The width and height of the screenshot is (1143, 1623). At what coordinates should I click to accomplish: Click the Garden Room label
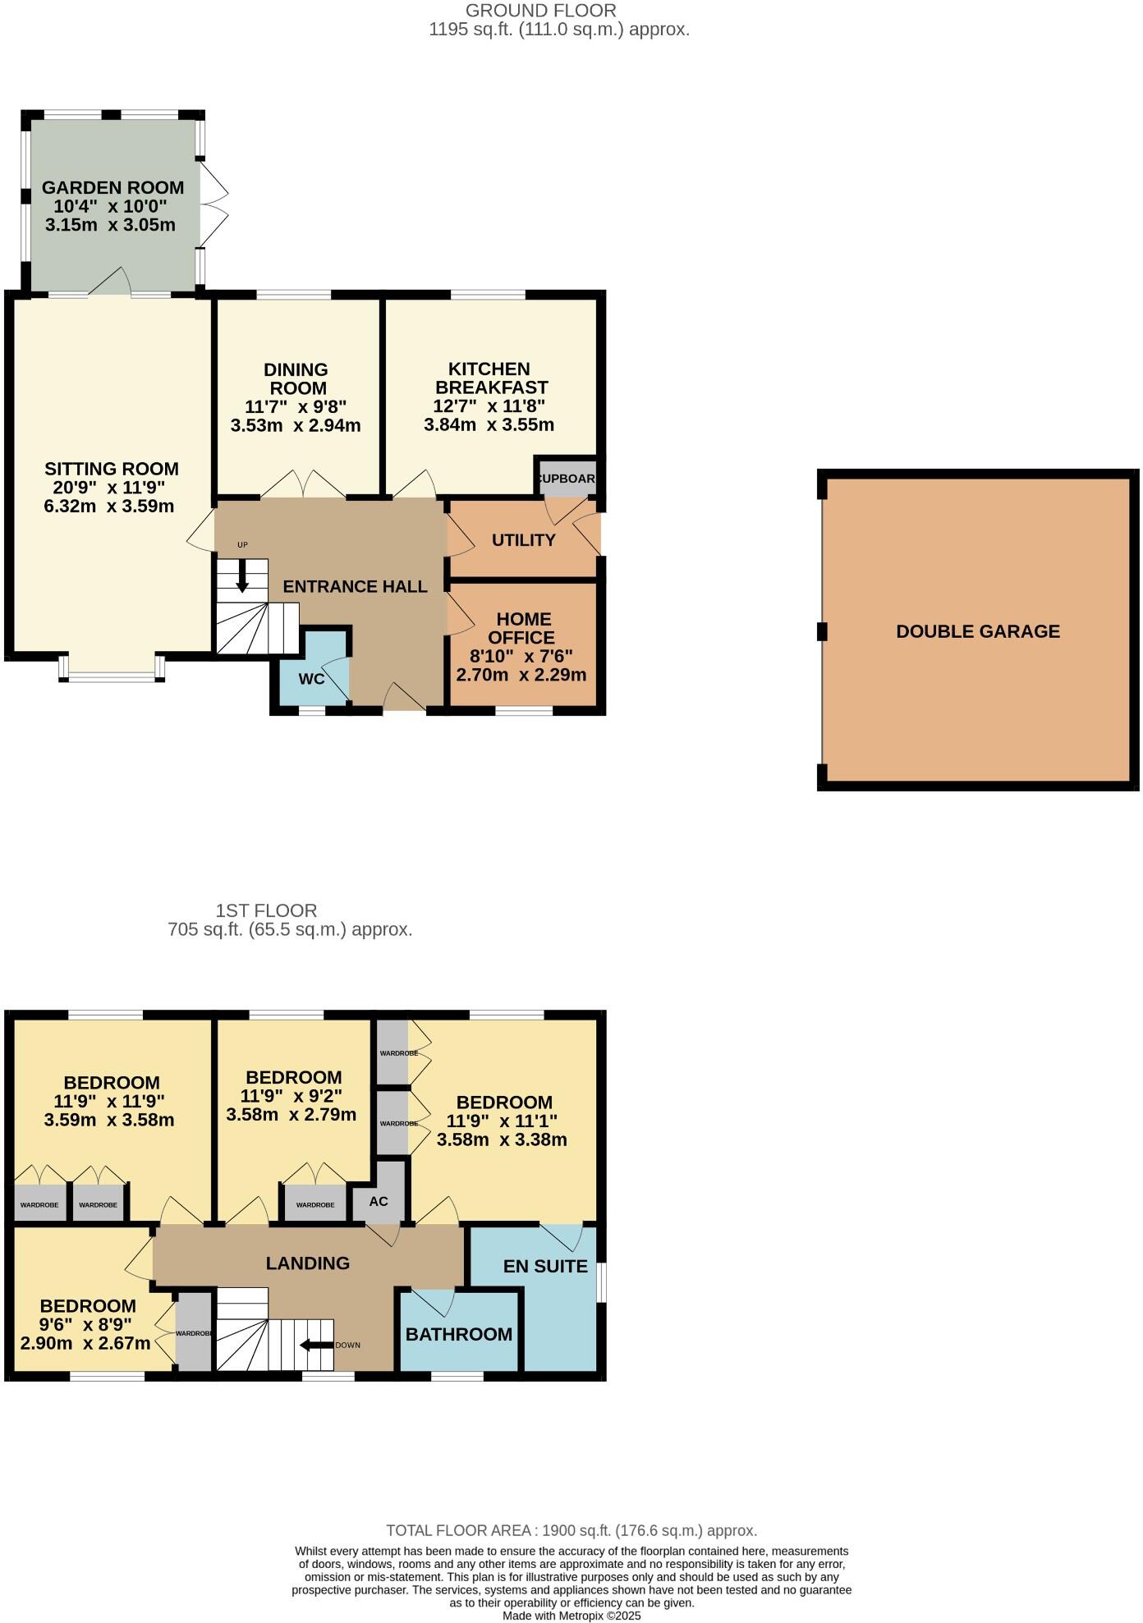point(112,187)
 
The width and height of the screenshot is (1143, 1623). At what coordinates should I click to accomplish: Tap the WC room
point(311,679)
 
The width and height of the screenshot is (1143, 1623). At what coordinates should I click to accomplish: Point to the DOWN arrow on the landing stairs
point(316,1345)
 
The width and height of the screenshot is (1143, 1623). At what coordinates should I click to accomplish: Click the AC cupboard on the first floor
point(379,1201)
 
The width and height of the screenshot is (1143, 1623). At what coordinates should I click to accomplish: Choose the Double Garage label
point(977,631)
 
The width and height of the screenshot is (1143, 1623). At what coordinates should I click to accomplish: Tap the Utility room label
point(523,539)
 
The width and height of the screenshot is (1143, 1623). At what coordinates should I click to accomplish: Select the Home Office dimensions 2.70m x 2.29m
point(521,675)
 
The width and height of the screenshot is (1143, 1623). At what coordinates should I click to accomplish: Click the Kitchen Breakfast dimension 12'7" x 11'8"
point(489,406)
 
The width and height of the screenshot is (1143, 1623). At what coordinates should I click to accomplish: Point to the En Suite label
point(545,1266)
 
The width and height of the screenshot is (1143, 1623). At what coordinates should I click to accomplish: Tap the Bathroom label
point(458,1334)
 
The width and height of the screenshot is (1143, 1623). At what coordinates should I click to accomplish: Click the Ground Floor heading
point(540,11)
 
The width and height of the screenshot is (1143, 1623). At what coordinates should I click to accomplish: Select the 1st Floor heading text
point(266,910)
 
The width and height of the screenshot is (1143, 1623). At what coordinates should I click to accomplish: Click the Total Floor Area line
point(571,1530)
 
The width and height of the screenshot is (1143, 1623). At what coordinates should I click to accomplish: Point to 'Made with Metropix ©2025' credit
point(571,1615)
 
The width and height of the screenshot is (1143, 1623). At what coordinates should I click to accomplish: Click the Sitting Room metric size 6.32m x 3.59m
point(108,506)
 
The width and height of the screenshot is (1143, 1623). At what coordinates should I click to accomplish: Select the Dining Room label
point(296,378)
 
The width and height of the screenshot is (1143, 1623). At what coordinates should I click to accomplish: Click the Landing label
point(307,1263)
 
